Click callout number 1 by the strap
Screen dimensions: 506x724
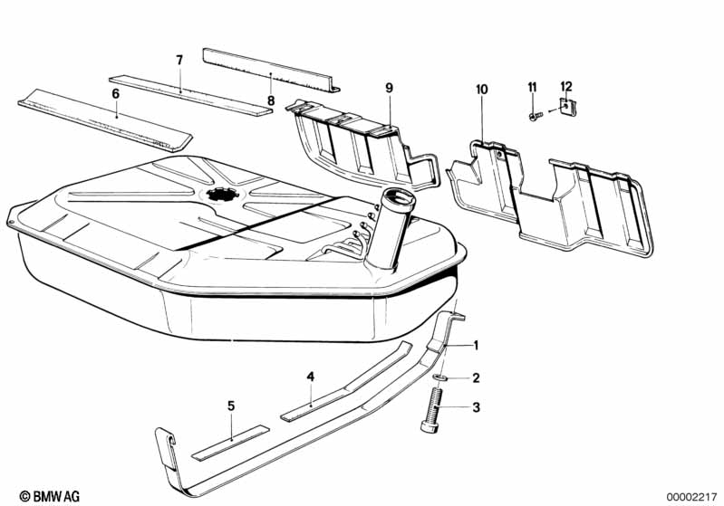pyautogui.click(x=475, y=345)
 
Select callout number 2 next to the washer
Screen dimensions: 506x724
pyautogui.click(x=475, y=377)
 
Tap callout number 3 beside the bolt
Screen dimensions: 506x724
pyautogui.click(x=475, y=408)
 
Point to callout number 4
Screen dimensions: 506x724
pyautogui.click(x=310, y=375)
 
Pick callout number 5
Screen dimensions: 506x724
pyautogui.click(x=231, y=406)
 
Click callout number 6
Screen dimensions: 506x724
pyautogui.click(x=115, y=93)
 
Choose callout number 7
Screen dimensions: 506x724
pyautogui.click(x=179, y=60)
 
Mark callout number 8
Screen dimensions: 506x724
pyautogui.click(x=270, y=100)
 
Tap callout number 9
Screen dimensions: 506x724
pyautogui.click(x=389, y=88)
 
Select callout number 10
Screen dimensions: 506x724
pyautogui.click(x=481, y=89)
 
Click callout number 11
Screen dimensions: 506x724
pyautogui.click(x=533, y=86)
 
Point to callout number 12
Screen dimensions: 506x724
pyautogui.click(x=566, y=86)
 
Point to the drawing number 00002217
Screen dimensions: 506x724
pyautogui.click(x=690, y=496)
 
